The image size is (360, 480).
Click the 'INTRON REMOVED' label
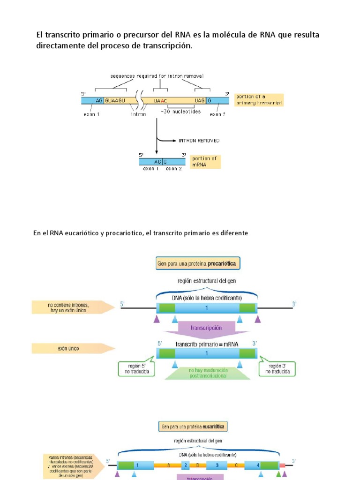199,140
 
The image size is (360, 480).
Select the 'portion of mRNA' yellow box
206,162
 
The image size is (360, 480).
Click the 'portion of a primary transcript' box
259,99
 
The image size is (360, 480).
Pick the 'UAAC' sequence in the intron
160,100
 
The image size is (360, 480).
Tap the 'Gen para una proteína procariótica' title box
198,264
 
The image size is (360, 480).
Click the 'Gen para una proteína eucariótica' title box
193,427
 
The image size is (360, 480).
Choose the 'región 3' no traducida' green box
279,368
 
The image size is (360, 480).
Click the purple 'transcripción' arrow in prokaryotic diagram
206,328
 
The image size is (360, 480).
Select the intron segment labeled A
168,465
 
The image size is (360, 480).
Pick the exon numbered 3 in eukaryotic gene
217,465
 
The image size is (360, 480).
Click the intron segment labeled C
237,465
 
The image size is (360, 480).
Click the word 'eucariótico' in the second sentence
79,233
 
